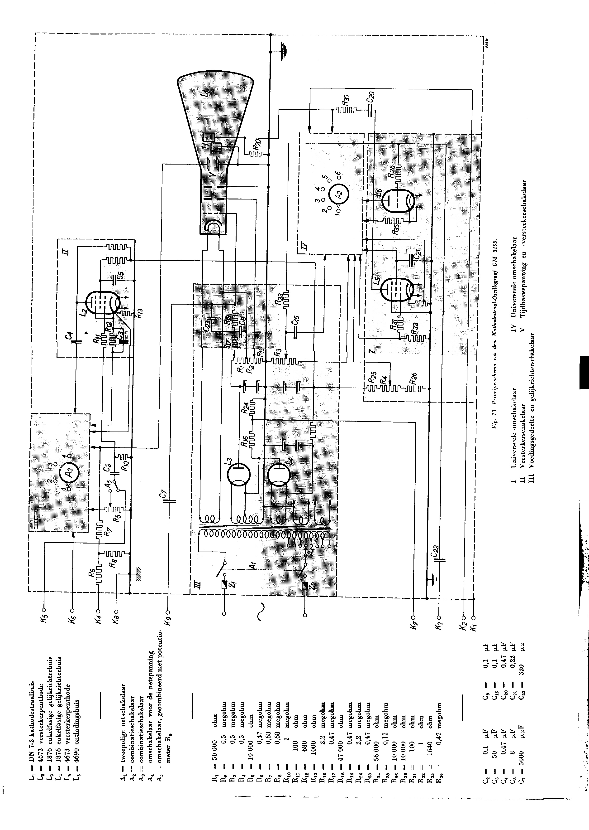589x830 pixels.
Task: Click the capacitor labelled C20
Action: [x=370, y=110]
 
